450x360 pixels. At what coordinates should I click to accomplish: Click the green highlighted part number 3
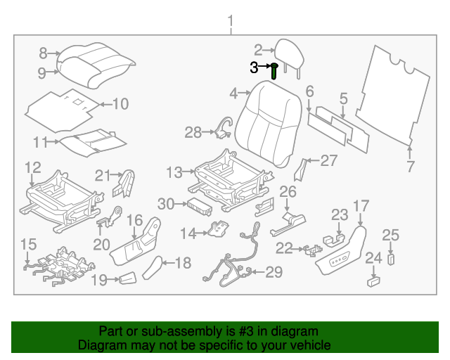(274, 71)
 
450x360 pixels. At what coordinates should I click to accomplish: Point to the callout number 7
(411, 167)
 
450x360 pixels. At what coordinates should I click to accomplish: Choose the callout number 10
(120, 104)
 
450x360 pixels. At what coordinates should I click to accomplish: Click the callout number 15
(28, 244)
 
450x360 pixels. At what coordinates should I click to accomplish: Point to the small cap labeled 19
(127, 279)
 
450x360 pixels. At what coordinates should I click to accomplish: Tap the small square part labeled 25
(391, 258)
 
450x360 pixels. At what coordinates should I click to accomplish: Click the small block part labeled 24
(373, 281)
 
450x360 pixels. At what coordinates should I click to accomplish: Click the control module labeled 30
(198, 205)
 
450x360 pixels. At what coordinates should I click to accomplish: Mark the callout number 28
(193, 131)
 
